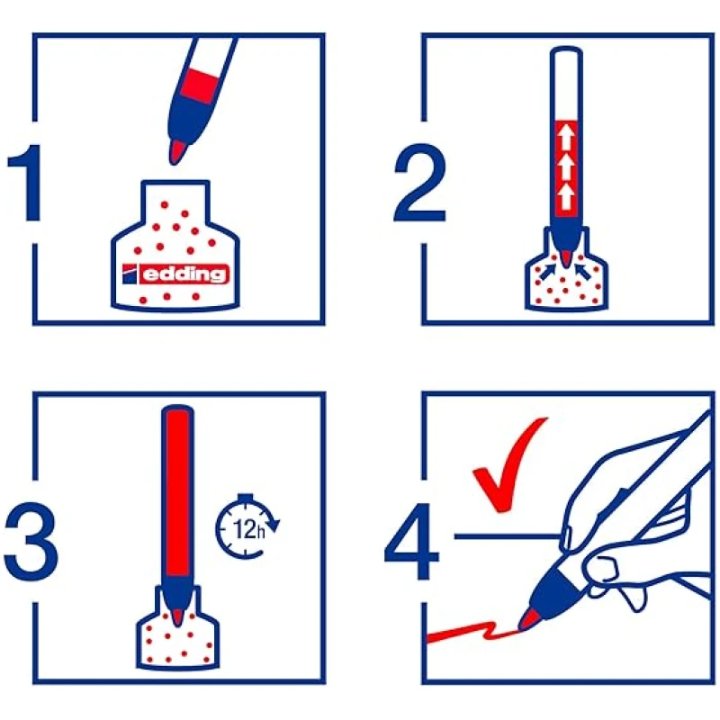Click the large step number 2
(419, 183)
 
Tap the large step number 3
(31, 542)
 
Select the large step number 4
(412, 542)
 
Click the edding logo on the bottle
(175, 274)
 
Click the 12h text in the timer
(249, 529)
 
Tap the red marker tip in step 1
(177, 152)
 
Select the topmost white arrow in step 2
(566, 138)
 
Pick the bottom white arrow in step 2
(566, 197)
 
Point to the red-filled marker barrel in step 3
(177, 492)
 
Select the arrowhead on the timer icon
(274, 525)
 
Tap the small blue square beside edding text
(130, 274)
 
